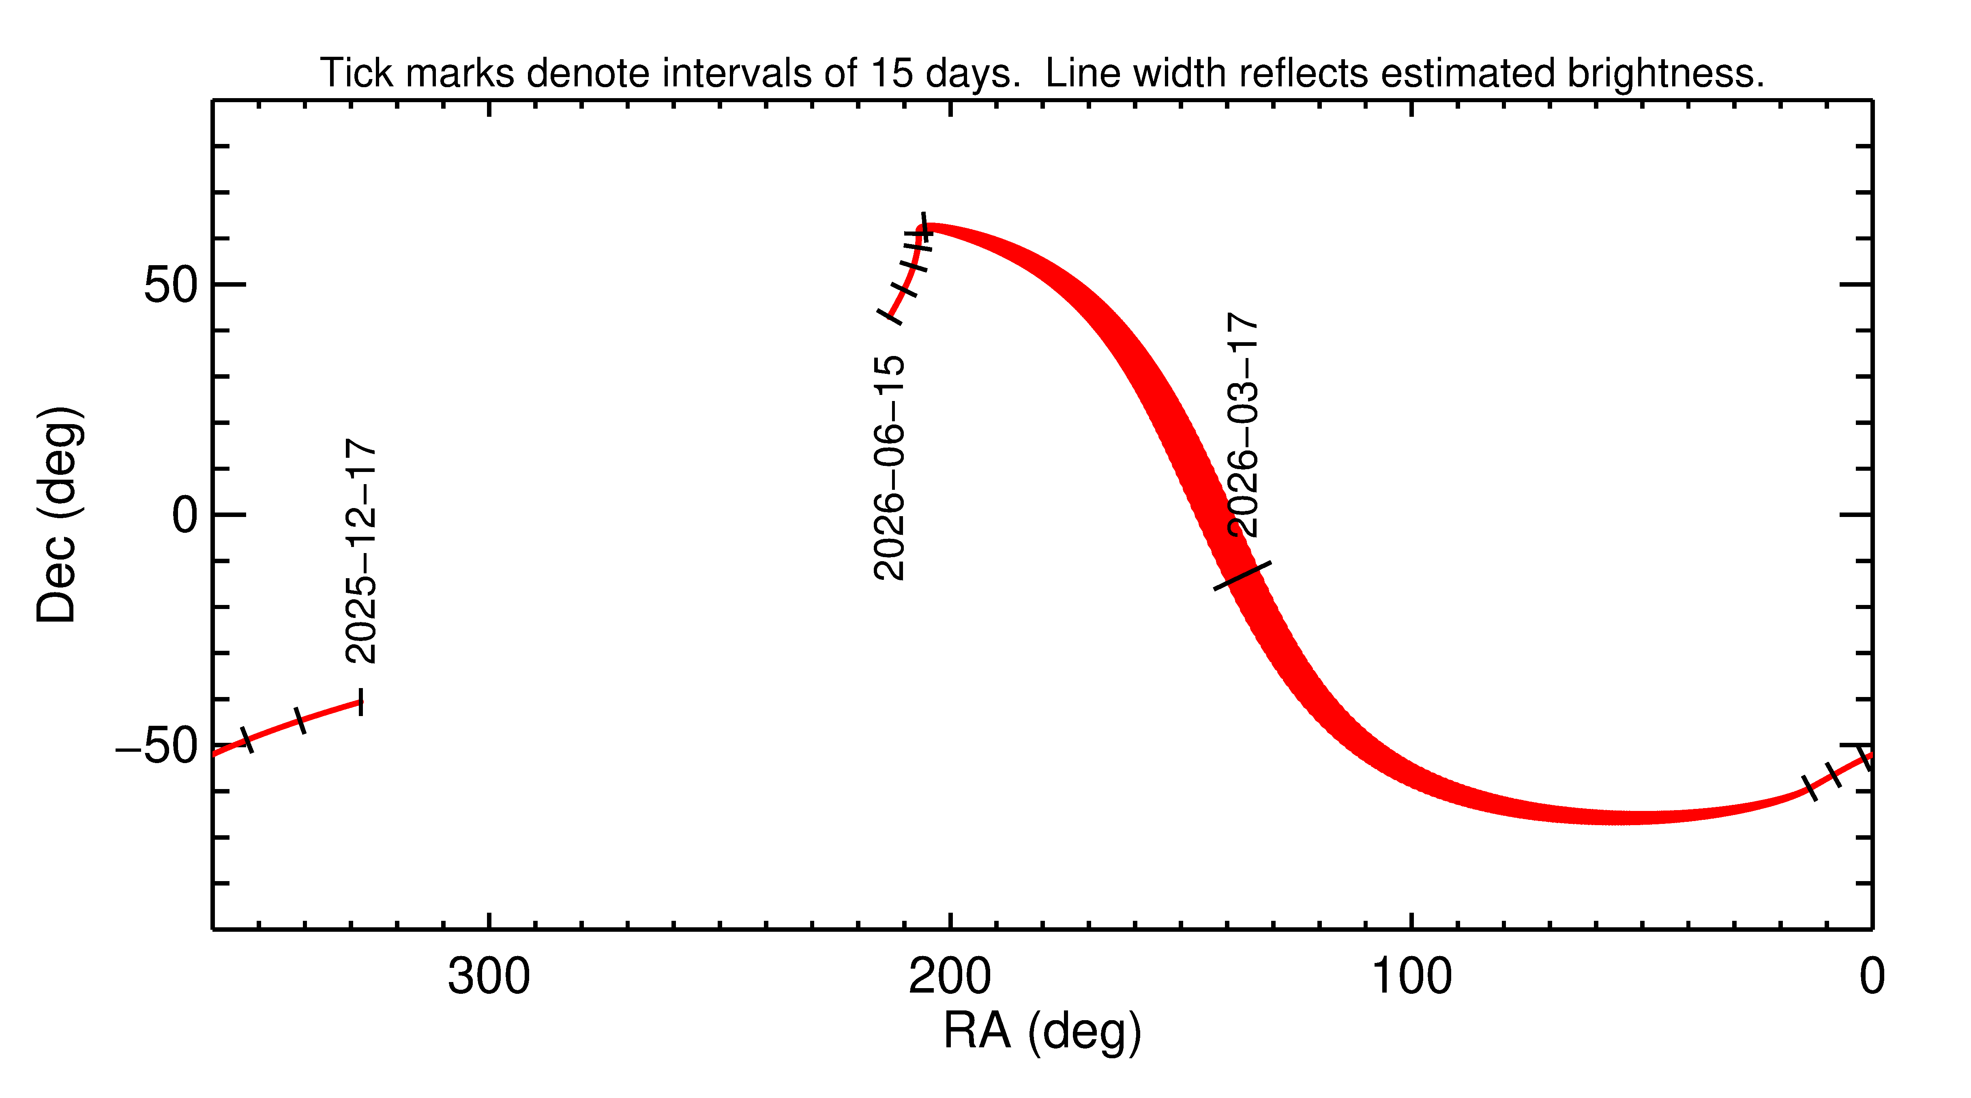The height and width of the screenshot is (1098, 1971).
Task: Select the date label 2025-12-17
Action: (360, 551)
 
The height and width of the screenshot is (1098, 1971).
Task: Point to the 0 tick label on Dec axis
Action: (185, 516)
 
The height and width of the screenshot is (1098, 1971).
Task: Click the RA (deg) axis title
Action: (1042, 1032)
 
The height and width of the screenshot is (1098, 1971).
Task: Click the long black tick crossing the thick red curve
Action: (1243, 575)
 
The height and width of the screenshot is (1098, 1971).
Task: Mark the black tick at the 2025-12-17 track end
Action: (361, 701)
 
